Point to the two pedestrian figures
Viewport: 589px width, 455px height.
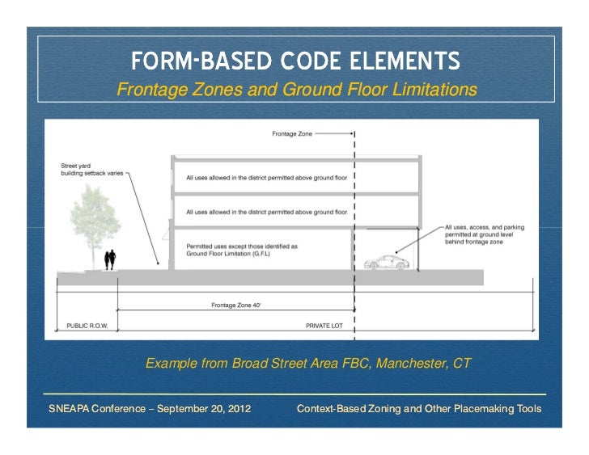110,259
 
